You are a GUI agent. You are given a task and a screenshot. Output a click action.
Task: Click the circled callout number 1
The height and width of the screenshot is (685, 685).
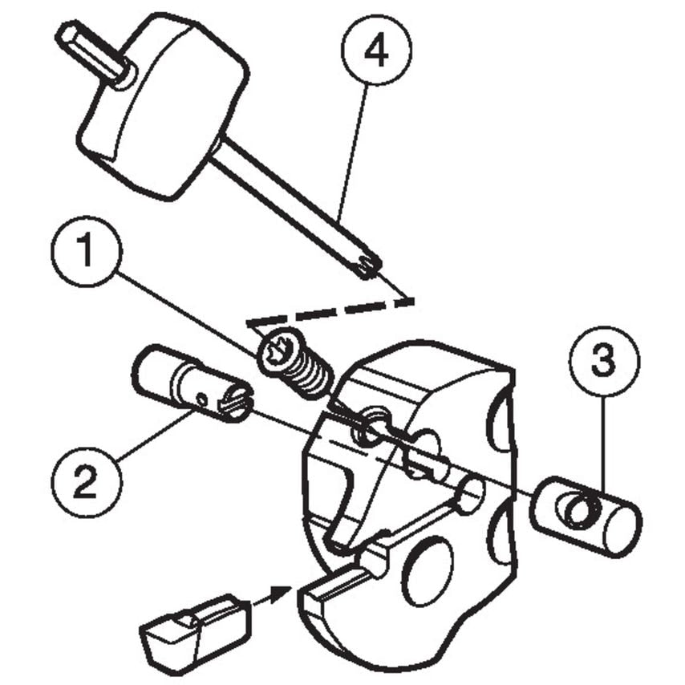(86, 253)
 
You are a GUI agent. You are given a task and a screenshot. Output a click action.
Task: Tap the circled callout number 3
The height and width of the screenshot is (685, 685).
(604, 362)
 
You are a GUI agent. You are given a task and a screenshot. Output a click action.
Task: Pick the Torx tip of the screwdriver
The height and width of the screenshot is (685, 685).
(367, 265)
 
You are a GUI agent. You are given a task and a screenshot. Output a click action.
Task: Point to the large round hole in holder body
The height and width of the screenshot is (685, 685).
(428, 571)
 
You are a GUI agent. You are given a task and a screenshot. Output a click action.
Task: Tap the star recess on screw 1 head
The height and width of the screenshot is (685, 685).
(277, 351)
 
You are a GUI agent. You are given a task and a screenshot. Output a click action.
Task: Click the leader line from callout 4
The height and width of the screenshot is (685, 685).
(353, 152)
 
